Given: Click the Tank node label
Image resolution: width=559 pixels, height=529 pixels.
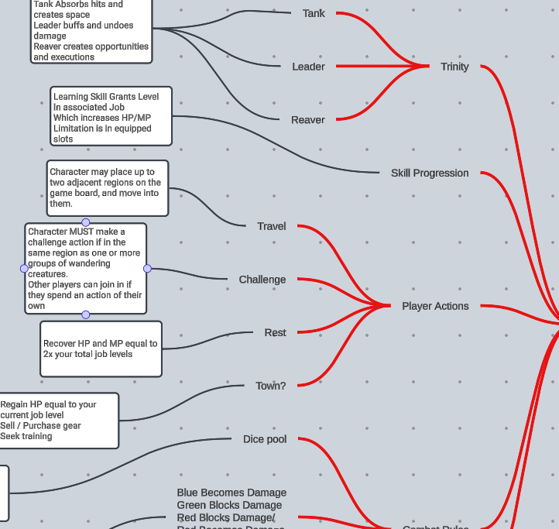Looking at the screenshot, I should [314, 13].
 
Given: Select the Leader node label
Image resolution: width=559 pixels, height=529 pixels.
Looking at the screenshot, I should [308, 67].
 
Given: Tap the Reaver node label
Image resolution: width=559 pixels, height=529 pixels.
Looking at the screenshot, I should [308, 120].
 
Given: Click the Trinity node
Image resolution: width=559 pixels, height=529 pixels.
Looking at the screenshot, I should [454, 67].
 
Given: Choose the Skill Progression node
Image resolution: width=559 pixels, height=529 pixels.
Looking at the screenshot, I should [430, 173].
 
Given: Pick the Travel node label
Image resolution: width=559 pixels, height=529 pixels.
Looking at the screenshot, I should [272, 226].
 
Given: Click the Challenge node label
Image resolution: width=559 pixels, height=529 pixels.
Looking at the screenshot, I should [262, 280].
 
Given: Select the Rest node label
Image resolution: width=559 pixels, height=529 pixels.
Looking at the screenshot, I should [275, 333].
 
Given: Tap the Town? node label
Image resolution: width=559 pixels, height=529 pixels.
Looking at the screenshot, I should [271, 386].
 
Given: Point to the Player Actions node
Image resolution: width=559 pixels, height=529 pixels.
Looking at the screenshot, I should [435, 306].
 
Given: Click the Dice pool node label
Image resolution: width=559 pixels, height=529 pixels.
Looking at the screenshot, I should [265, 439].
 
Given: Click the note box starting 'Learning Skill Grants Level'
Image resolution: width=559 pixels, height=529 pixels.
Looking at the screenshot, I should [111, 117].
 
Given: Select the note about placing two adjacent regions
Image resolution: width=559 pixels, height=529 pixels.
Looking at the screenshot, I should [107, 188].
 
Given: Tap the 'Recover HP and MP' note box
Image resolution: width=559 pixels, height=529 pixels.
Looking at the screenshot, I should [101, 349].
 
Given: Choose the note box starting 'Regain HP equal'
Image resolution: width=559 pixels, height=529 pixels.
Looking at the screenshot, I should [59, 421].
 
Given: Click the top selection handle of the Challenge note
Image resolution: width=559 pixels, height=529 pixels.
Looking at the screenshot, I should [86, 222].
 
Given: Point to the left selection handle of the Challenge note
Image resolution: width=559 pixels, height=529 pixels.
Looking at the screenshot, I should [24, 268].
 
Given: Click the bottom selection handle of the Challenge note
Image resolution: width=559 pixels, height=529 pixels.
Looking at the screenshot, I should [86, 314].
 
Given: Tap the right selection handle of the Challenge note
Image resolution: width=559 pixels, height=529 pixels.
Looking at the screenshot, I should [147, 269].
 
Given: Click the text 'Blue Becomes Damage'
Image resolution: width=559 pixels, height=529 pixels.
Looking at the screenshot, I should [231, 493].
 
